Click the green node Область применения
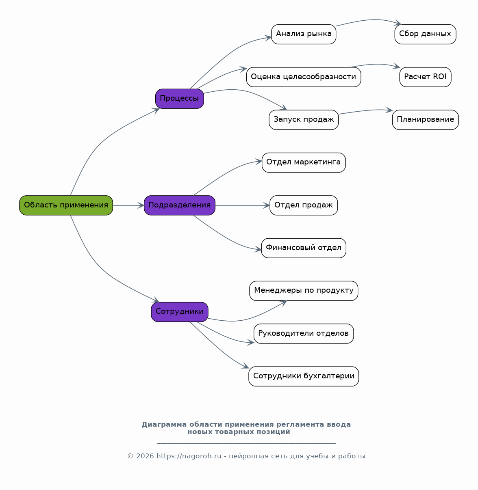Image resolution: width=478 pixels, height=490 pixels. (66, 205)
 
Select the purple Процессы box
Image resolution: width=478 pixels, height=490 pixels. (180, 99)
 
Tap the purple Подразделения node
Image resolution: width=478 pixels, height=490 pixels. (180, 205)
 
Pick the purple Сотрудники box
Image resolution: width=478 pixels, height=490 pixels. (180, 312)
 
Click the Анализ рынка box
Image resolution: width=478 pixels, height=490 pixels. (304, 34)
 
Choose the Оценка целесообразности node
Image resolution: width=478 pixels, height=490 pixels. (304, 77)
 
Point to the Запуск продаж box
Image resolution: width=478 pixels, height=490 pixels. (304, 120)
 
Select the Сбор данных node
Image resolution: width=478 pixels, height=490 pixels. (425, 34)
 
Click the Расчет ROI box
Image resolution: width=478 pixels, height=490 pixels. (425, 77)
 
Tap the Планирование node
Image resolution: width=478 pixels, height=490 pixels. (425, 120)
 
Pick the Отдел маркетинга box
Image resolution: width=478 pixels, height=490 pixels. (304, 163)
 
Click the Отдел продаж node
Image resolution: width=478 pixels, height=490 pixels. (304, 205)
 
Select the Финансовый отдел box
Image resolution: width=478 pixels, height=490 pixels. (304, 248)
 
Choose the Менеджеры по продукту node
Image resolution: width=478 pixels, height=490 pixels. (304, 291)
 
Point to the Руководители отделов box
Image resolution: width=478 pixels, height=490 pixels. (304, 334)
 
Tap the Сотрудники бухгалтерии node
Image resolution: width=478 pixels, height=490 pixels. (304, 376)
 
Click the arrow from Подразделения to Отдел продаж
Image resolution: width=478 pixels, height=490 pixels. (243, 205)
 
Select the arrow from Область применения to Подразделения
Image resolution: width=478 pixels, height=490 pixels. (128, 205)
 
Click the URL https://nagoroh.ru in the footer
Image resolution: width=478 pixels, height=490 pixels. (189, 456)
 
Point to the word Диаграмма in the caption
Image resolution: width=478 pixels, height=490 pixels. (164, 425)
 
